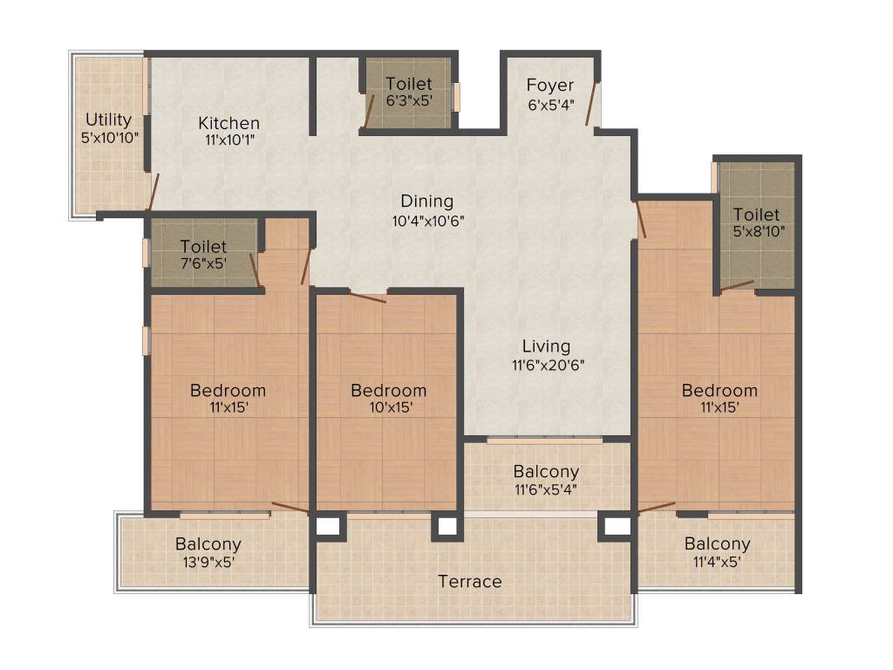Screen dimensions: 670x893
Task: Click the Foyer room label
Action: [550, 85]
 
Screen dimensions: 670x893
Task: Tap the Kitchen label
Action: [228, 123]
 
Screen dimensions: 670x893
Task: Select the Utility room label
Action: [109, 120]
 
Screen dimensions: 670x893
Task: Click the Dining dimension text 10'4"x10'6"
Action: [427, 221]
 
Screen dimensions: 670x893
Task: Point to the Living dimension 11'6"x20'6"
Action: [547, 365]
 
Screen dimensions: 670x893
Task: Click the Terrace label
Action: [470, 581]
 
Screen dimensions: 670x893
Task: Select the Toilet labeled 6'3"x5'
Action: [409, 84]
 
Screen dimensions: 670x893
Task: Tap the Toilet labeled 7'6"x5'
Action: [203, 247]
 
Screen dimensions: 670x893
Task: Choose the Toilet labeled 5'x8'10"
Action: [756, 214]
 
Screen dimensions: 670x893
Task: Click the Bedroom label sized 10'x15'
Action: [388, 390]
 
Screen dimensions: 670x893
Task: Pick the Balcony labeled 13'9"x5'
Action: [208, 544]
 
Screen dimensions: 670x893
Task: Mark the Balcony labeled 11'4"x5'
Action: [717, 544]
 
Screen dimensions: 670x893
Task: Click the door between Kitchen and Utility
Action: [153, 192]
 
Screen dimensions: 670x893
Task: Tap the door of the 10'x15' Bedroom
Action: [367, 297]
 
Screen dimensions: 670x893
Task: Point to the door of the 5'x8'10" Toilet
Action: [737, 285]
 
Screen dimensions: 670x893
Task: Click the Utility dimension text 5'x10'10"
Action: [109, 137]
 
